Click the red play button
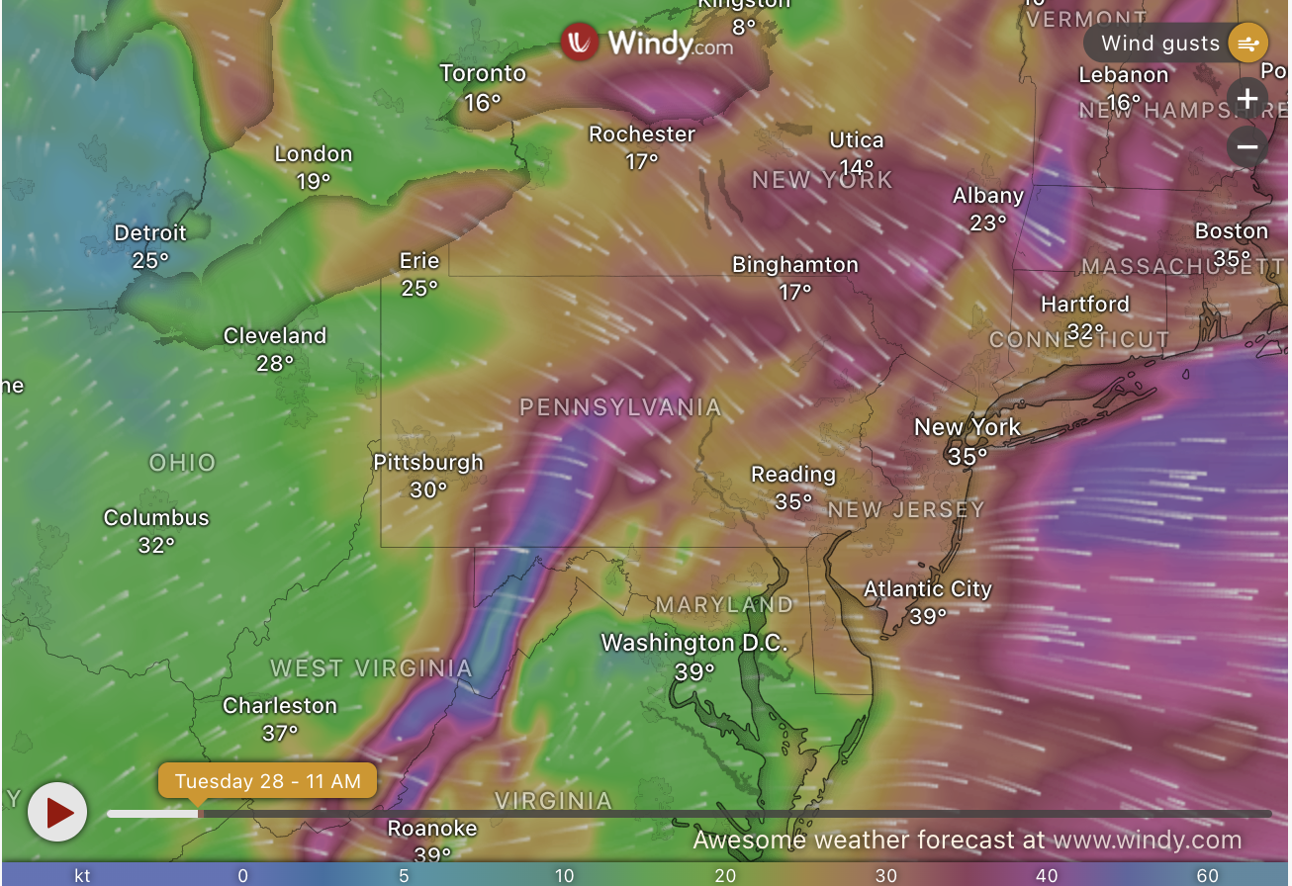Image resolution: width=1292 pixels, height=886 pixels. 57,813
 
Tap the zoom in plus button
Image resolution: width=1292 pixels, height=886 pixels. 1247,99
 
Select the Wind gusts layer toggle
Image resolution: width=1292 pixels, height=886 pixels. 1176,44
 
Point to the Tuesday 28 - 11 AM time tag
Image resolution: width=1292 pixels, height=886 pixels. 267,781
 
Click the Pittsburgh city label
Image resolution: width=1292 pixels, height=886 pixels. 428,462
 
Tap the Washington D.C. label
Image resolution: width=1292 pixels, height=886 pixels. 694,643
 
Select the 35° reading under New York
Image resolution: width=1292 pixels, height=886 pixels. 968,456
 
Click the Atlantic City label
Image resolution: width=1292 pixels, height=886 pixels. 928,589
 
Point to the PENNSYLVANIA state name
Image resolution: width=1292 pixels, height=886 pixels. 620,407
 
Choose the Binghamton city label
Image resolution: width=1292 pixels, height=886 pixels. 795,265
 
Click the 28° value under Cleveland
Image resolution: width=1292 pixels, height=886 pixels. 275,364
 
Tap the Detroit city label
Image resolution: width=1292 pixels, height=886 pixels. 150,233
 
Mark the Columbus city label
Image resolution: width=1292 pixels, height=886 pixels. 156,518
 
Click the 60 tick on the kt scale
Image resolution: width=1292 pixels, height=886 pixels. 1207,875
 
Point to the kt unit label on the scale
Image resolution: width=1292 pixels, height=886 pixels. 83,875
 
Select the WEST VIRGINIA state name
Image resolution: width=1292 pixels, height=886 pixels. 372,668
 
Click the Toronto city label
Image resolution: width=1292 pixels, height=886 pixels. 483,73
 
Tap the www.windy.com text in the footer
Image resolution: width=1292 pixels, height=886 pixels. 1147,841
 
